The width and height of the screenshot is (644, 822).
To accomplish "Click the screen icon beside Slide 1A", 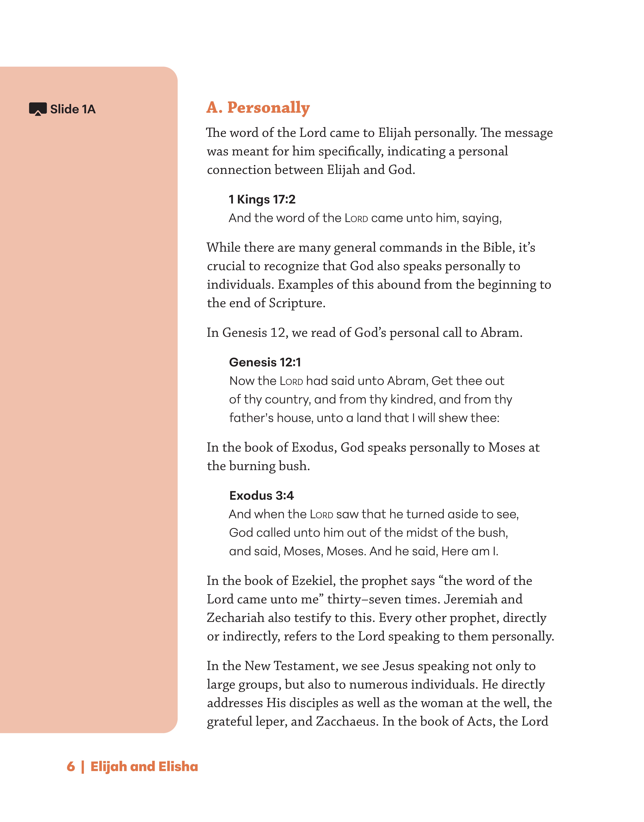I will click(38, 109).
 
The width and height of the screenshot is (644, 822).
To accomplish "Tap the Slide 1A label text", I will click(73, 109).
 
